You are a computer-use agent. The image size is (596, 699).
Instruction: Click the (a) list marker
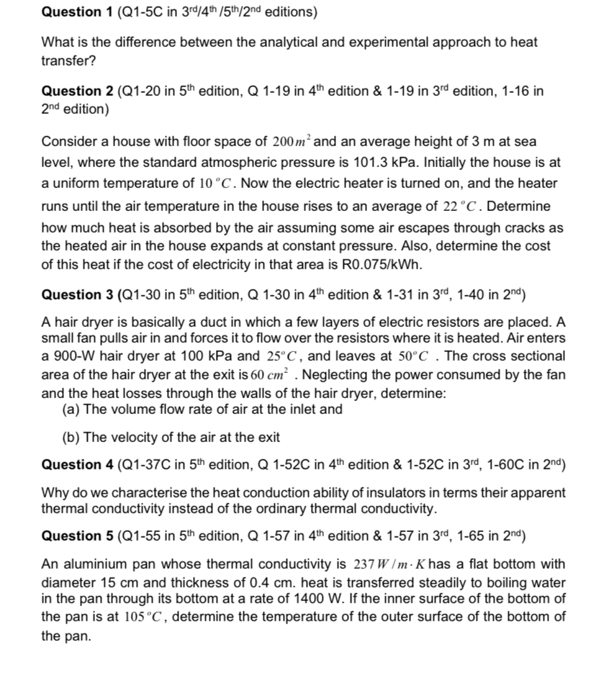[72, 409]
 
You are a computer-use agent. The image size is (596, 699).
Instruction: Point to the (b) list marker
[72, 436]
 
